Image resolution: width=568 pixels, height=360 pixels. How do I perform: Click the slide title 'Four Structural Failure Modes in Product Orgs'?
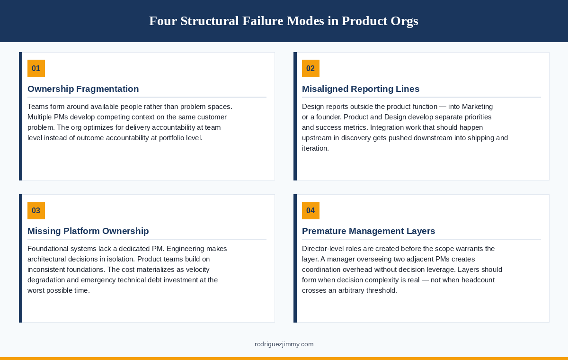tap(284, 21)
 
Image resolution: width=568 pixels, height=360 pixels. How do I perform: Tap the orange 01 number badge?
tap(36, 68)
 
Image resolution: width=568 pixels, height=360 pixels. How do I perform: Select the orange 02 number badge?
tap(311, 68)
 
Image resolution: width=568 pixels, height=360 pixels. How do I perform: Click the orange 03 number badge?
tap(36, 210)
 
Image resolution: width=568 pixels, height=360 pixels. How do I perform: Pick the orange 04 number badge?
tap(311, 210)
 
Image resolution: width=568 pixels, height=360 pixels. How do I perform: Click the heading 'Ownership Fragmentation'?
tap(83, 89)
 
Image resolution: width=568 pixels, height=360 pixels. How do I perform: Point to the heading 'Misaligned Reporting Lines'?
tap(360, 89)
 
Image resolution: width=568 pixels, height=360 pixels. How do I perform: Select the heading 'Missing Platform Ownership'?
tap(88, 231)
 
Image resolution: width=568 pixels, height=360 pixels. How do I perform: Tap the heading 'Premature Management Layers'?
tap(368, 231)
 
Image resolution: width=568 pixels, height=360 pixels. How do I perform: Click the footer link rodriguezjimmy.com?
tap(284, 344)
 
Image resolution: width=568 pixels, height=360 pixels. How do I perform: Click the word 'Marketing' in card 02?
tap(477, 107)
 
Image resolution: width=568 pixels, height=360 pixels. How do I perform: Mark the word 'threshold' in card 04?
tap(381, 290)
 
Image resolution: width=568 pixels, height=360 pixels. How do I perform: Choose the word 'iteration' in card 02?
tap(315, 148)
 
